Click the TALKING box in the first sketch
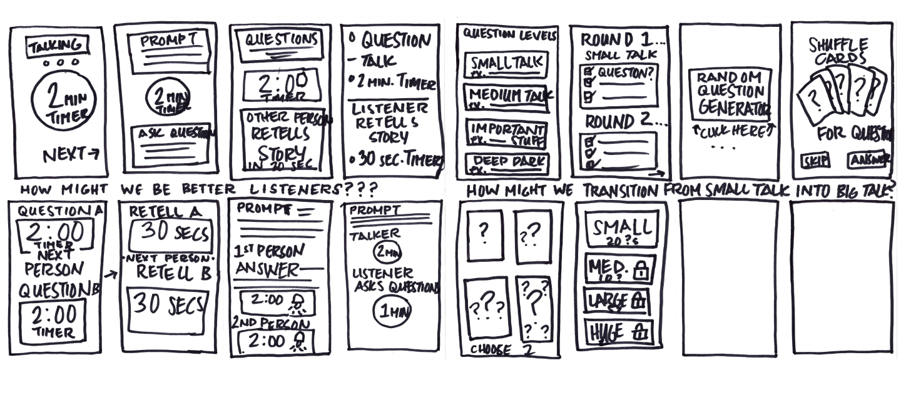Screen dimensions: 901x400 pyautogui.click(x=57, y=46)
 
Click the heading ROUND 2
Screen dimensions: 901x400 pyautogui.click(x=616, y=120)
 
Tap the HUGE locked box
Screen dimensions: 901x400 pyautogui.click(x=618, y=331)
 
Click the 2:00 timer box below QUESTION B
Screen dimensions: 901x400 pyautogui.click(x=54, y=321)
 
